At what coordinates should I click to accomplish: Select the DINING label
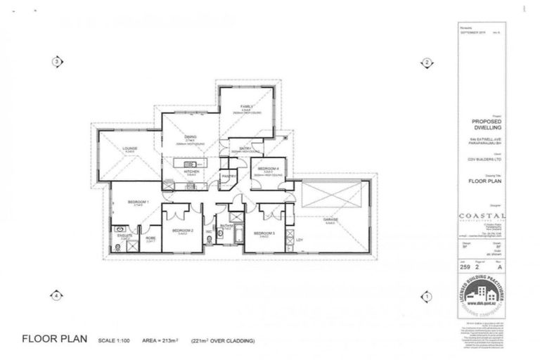[191, 137]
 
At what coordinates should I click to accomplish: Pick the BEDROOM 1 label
[136, 202]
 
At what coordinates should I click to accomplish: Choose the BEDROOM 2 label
[183, 231]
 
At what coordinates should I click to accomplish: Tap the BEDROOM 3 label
[264, 232]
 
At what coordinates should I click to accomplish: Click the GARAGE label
[330, 220]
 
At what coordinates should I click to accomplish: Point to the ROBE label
[150, 238]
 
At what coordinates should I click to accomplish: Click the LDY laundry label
[300, 240]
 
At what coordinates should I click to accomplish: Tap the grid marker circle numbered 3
[56, 62]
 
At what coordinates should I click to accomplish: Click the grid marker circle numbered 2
[425, 62]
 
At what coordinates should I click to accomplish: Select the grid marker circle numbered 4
[56, 296]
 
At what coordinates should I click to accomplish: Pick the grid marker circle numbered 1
[425, 296]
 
